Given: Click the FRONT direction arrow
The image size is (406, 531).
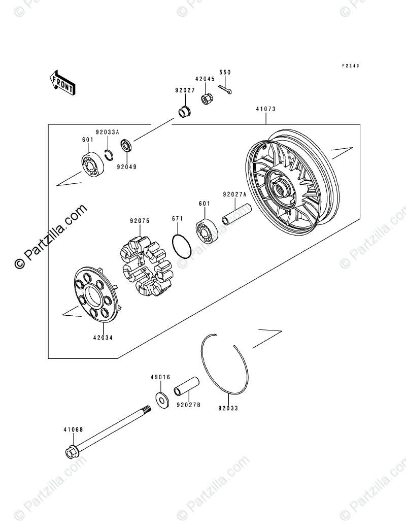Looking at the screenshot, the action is pos(62,82).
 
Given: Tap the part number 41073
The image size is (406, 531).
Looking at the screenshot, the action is pos(265,109).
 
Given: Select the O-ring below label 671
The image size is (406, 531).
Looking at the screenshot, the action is pos(182,246).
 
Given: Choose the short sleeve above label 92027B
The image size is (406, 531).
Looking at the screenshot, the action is pos(186,386).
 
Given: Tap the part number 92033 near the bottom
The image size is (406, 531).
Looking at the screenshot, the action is pos(228,408).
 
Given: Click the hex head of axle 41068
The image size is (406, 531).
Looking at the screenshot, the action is pos(72,452).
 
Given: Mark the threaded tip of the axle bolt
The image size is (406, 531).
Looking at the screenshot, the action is pos(147,409).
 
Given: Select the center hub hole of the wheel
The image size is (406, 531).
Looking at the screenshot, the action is pos(279,191).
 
